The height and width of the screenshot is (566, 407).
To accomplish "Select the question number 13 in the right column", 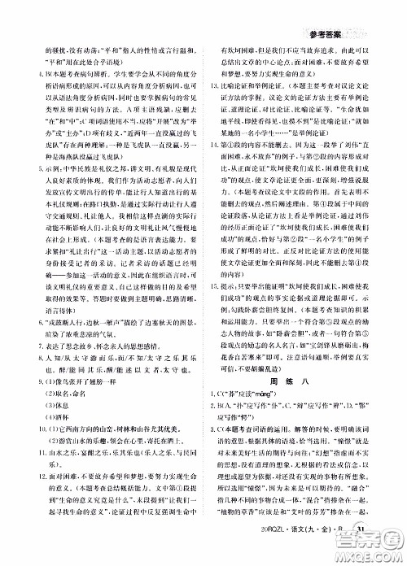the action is click(x=213, y=107).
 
